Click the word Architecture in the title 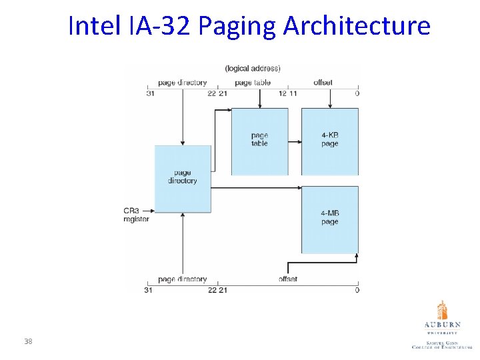(x=357, y=27)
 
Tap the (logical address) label (x=253, y=68)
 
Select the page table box (x=259, y=141)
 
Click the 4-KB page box (x=329, y=141)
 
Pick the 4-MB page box (x=329, y=219)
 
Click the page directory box (x=182, y=178)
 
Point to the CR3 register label (x=135, y=215)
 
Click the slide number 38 (x=28, y=342)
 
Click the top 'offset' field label (x=323, y=83)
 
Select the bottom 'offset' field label (x=288, y=279)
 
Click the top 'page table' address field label (x=253, y=83)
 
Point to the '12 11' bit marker (x=287, y=93)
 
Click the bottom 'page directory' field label (x=182, y=279)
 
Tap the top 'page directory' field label (x=182, y=83)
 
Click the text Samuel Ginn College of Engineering (x=441, y=345)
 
